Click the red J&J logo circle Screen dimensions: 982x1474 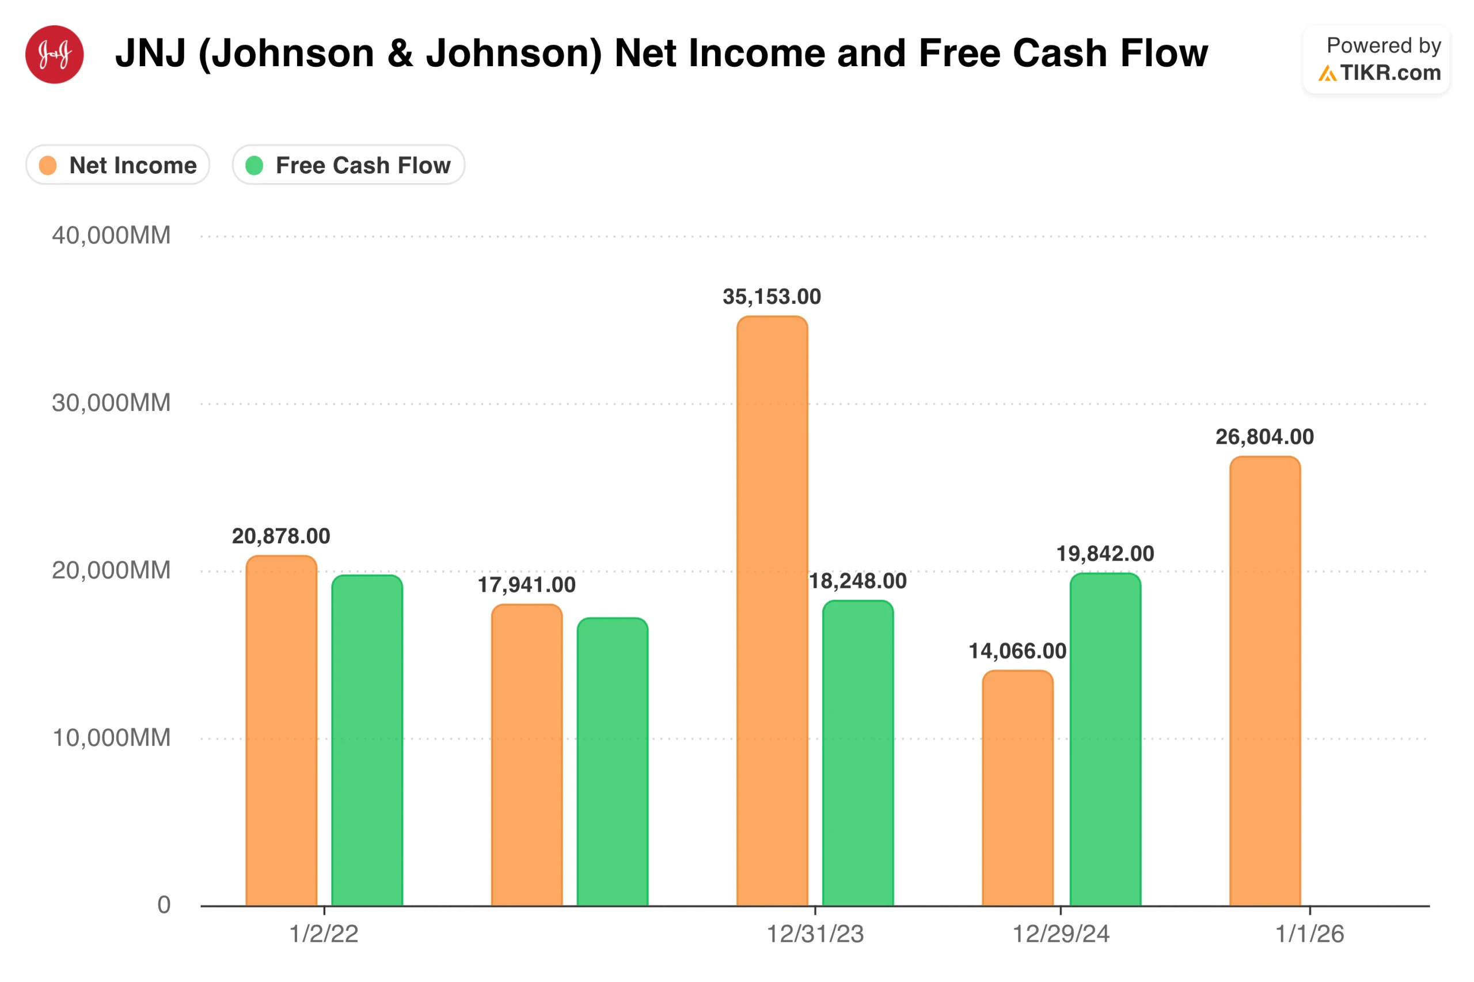pos(55,55)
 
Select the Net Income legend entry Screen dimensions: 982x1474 pos(118,165)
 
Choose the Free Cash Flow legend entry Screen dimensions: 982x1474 pos(348,165)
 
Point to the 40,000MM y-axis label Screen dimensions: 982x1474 pos(111,235)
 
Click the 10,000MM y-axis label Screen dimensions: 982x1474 pos(111,738)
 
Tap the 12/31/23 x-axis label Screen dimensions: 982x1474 pos(815,934)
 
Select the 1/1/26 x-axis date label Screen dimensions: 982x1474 pos(1309,934)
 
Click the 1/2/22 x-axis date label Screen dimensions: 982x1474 pos(324,934)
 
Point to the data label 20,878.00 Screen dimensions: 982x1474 pos(280,536)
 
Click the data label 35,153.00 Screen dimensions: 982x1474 pos(772,297)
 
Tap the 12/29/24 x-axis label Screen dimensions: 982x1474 pos(1061,934)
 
